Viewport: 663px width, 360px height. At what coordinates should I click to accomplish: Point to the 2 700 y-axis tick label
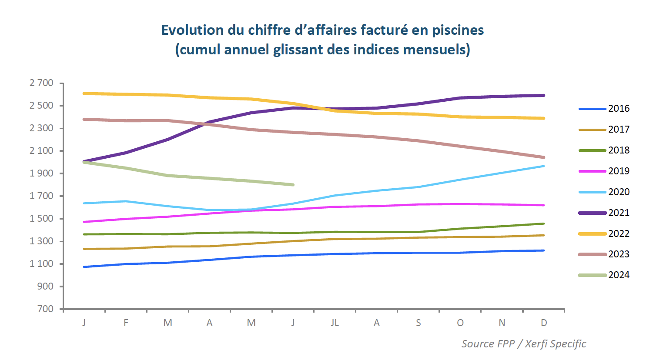[x=41, y=83]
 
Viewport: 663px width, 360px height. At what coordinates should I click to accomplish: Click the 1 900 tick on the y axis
[x=41, y=173]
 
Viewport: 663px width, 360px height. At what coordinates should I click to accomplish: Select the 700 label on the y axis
[x=46, y=309]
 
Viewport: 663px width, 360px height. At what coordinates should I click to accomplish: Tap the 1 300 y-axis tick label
[x=41, y=241]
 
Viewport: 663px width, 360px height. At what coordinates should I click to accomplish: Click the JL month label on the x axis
[x=335, y=323]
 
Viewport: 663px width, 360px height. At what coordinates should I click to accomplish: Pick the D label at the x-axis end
[x=544, y=323]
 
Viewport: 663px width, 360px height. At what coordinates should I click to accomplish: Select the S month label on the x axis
[x=419, y=323]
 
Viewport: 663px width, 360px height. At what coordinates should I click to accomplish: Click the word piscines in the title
[x=458, y=30]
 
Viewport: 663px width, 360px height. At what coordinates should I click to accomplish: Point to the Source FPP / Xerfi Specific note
[x=523, y=344]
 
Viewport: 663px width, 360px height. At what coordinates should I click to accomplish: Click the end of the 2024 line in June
[x=293, y=185]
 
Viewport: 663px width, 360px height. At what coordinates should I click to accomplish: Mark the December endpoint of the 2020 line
[x=544, y=166]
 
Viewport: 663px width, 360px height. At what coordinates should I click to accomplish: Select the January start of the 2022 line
[x=84, y=93]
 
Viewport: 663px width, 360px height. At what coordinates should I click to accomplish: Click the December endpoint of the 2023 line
[x=544, y=157]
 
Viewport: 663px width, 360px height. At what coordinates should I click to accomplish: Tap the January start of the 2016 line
[x=84, y=267]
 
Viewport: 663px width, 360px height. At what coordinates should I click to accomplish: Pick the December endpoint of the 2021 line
[x=544, y=95]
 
